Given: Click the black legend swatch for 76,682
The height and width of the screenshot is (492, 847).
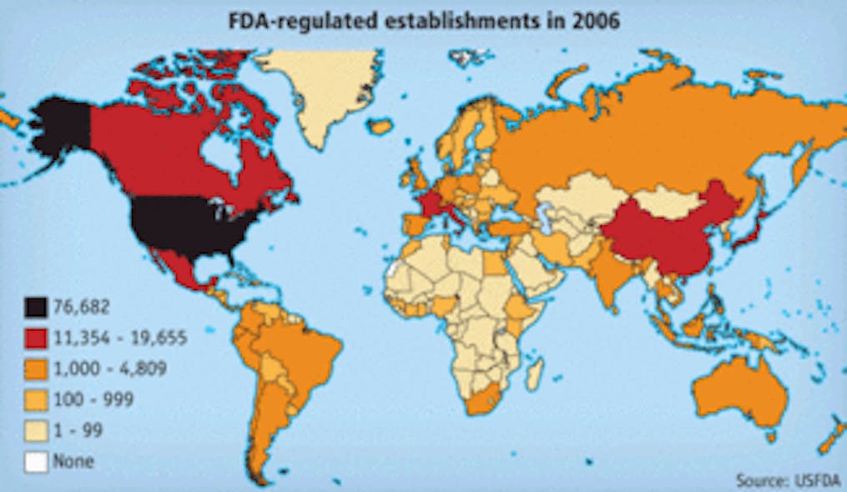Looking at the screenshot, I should [x=36, y=307].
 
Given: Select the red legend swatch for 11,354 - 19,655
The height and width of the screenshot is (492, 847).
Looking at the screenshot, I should [x=36, y=338].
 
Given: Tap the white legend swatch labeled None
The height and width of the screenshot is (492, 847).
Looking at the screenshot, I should [x=36, y=460].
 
